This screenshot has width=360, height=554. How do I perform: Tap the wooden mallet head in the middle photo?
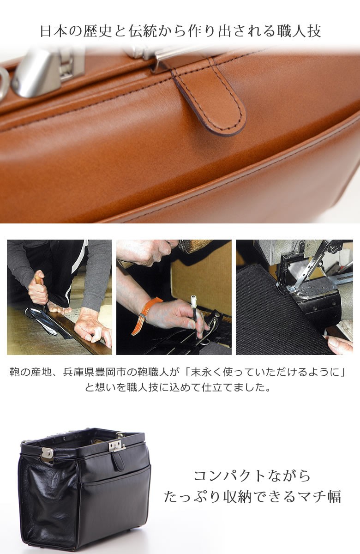coord(194,246)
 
